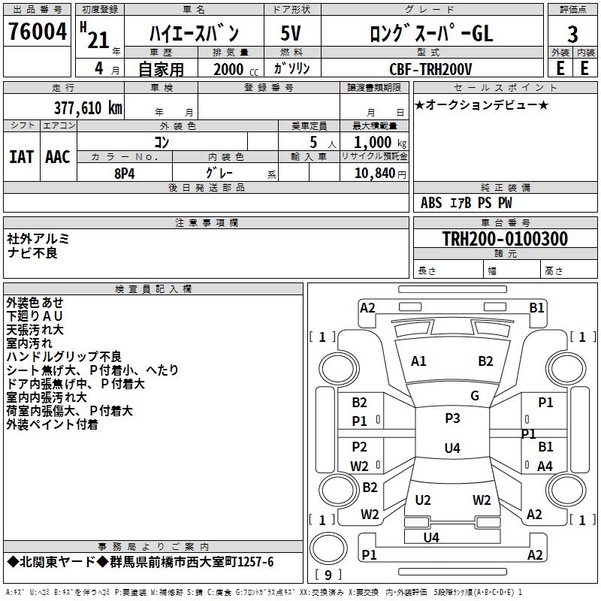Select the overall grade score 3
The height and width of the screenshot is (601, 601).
pyautogui.click(x=572, y=34)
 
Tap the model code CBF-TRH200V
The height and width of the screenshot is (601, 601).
pyautogui.click(x=430, y=68)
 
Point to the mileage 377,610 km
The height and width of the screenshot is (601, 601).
pyautogui.click(x=88, y=108)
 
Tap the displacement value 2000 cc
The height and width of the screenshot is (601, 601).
pyautogui.click(x=230, y=69)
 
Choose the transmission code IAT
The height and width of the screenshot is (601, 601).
pyautogui.click(x=21, y=157)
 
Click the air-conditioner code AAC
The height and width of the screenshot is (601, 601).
pyautogui.click(x=57, y=157)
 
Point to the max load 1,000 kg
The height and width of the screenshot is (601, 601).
pyautogui.click(x=376, y=142)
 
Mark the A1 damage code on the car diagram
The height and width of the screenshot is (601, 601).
pyautogui.click(x=418, y=361)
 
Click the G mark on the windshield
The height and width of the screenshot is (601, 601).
pyautogui.click(x=475, y=396)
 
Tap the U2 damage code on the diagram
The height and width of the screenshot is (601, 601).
pyautogui.click(x=423, y=500)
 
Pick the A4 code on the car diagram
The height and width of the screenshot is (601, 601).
pyautogui.click(x=545, y=466)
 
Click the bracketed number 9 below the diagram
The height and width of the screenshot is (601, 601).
pyautogui.click(x=327, y=575)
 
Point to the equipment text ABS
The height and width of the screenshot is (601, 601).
pyautogui.click(x=431, y=202)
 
